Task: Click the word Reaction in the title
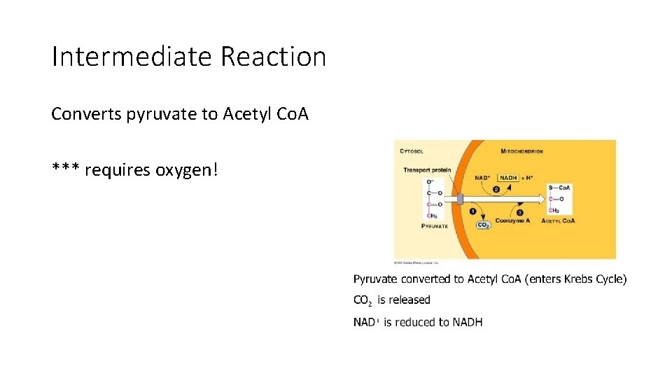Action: [x=274, y=57]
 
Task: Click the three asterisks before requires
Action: [x=65, y=169]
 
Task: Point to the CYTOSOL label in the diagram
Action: [x=411, y=150]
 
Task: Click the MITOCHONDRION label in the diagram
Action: [x=521, y=150]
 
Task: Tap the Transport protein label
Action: [x=427, y=169]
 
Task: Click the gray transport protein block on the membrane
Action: [x=460, y=199]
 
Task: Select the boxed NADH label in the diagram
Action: [x=508, y=178]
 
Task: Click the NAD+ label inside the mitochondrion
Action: [x=482, y=178]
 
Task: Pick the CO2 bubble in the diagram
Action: [x=483, y=225]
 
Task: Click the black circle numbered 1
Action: [x=472, y=211]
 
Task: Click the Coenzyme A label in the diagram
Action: [x=512, y=220]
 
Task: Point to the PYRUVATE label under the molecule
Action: [x=434, y=226]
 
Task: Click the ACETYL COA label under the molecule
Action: [x=558, y=220]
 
